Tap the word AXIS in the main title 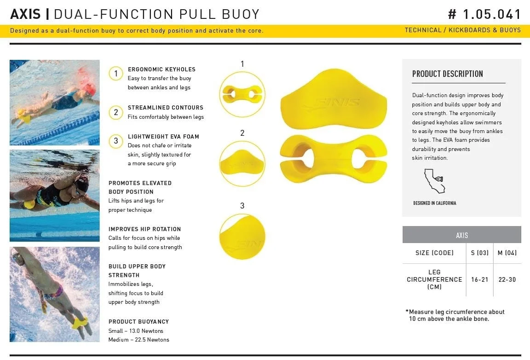tap(25, 14)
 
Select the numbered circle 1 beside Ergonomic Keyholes tap(116, 73)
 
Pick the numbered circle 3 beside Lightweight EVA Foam tap(116, 141)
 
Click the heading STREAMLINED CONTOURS tap(166, 108)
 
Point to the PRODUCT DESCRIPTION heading tap(448, 74)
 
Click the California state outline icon tap(434, 181)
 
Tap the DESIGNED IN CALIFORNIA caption tap(435, 203)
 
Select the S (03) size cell tap(480, 253)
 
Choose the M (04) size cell tap(507, 253)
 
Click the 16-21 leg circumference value tap(480, 279)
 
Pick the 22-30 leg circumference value tap(507, 279)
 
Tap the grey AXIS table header tap(462, 235)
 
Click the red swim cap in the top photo tap(89, 89)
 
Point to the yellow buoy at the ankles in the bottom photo tap(80, 323)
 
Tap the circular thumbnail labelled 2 tap(242, 164)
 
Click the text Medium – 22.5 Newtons tap(138, 340)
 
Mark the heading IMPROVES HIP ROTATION tap(144, 229)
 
